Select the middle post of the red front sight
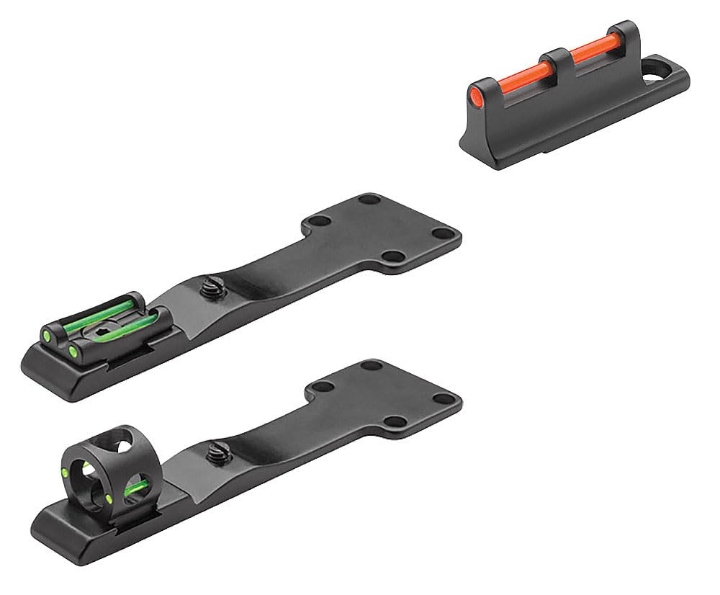click(559, 60)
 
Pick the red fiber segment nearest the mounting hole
click(595, 50)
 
